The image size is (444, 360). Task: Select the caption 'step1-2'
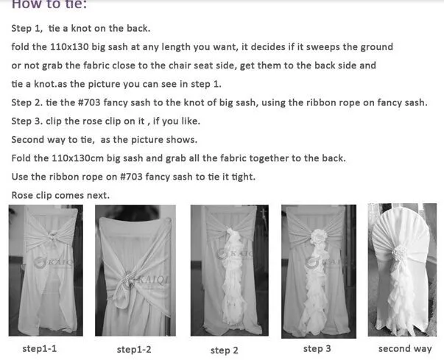tap(134, 349)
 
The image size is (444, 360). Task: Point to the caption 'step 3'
tap(317, 347)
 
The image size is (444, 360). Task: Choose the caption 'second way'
tap(405, 348)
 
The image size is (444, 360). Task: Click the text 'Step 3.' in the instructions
tap(28, 120)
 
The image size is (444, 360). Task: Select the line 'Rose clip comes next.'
tap(60, 195)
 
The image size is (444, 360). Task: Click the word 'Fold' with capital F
tap(22, 158)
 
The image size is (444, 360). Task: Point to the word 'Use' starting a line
tap(21, 177)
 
